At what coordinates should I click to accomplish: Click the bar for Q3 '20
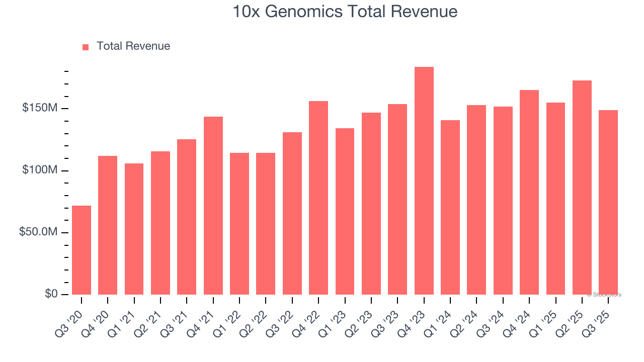[82, 250]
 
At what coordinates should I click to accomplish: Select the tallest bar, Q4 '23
[424, 180]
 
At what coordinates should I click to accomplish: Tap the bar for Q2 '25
[582, 188]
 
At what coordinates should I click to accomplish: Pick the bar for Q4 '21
[213, 206]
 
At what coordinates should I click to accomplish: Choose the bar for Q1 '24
[450, 207]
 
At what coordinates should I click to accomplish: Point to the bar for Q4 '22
[318, 198]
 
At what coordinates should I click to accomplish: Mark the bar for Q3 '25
[608, 202]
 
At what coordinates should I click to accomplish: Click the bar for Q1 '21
[134, 229]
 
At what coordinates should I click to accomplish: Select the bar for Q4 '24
[529, 192]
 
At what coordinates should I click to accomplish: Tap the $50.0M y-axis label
[38, 232]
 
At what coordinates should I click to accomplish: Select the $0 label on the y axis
[51, 294]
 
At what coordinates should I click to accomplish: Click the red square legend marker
[86, 47]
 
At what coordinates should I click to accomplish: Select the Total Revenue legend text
[133, 46]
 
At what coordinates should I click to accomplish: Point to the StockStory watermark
[604, 295]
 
